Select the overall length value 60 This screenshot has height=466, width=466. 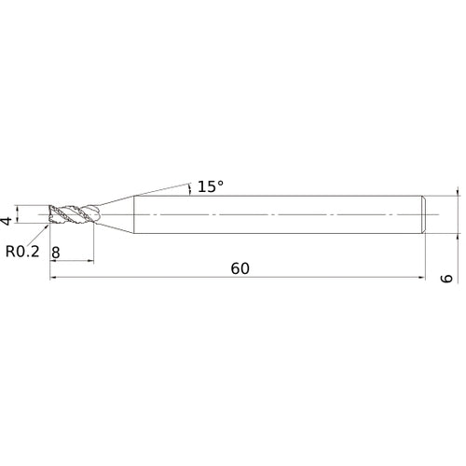click(x=241, y=268)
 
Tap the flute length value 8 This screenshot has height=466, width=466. click(x=57, y=253)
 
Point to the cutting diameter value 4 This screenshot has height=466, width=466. click(x=7, y=220)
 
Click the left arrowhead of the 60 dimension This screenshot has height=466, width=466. click(x=53, y=277)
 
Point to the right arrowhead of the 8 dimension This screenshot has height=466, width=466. click(x=91, y=261)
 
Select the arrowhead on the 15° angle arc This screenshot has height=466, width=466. click(x=191, y=192)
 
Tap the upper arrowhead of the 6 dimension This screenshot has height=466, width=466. click(x=458, y=193)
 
